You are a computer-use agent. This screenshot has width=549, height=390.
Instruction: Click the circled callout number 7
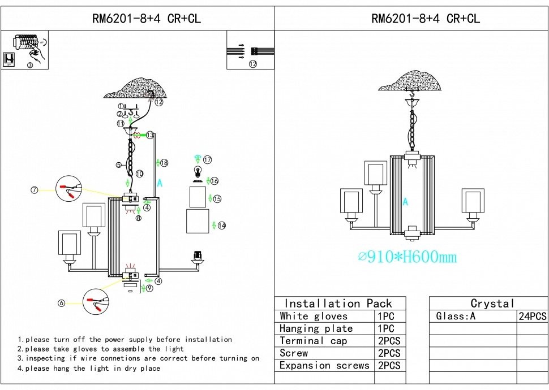35,190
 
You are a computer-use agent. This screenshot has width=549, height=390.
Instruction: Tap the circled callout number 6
61,303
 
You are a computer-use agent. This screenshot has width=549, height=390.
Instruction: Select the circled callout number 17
208,160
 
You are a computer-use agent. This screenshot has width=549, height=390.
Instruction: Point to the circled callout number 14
222,226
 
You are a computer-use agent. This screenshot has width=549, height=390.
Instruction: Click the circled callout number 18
164,163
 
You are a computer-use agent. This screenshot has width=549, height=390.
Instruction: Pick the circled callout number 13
150,135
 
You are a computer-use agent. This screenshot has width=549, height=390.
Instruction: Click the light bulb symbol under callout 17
199,172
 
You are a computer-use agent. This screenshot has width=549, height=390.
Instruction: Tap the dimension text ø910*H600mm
408,257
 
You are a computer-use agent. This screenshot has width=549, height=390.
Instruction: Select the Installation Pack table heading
338,304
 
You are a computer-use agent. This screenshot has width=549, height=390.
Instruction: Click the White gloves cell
314,316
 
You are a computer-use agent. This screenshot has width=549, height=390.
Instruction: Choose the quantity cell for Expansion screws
389,366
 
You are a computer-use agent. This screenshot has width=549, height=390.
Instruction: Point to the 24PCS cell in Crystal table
532,316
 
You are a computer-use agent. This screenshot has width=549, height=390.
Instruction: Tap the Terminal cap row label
313,341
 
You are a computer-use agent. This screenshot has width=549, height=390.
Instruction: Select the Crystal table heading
492,304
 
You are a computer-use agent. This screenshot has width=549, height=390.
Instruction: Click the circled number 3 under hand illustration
30,65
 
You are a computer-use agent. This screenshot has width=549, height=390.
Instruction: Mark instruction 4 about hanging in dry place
89,369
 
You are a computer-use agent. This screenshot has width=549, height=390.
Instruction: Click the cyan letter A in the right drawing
405,202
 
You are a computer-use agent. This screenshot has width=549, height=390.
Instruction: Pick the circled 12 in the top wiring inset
253,64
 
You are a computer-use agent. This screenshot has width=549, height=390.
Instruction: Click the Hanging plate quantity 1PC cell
386,328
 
